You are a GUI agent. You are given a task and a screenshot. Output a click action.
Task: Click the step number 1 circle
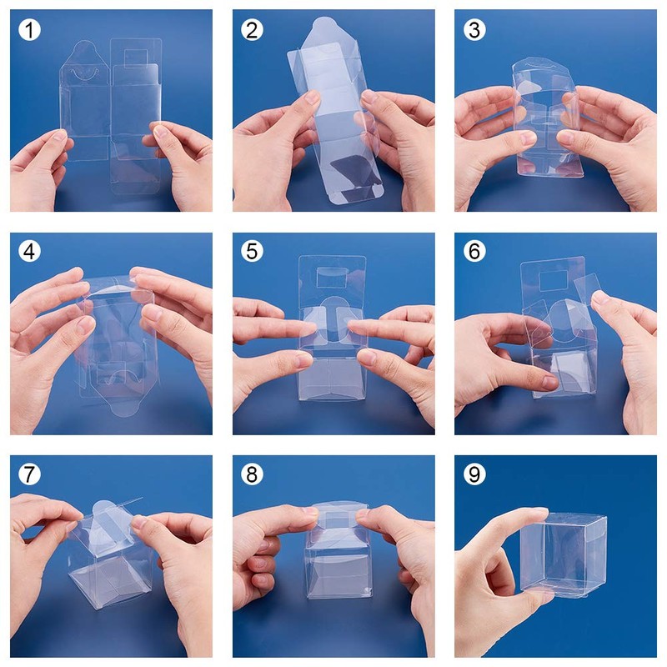tap(31, 30)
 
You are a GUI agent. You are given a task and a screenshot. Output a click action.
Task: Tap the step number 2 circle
tap(253, 30)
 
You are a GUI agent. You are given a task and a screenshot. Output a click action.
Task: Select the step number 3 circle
tap(475, 30)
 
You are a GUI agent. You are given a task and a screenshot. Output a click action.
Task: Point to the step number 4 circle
tap(31, 252)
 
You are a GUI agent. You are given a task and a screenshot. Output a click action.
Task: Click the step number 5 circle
tap(253, 252)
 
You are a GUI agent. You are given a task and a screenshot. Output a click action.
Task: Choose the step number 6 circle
tap(475, 252)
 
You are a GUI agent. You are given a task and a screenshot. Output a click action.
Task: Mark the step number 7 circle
tap(31, 474)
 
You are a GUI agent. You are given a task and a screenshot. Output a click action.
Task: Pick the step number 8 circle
tap(253, 474)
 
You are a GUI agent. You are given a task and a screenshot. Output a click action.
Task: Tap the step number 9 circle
tap(475, 474)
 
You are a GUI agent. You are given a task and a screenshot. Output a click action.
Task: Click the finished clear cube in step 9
tap(563, 550)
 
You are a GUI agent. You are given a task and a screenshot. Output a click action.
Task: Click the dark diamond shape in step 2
tap(339, 171)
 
